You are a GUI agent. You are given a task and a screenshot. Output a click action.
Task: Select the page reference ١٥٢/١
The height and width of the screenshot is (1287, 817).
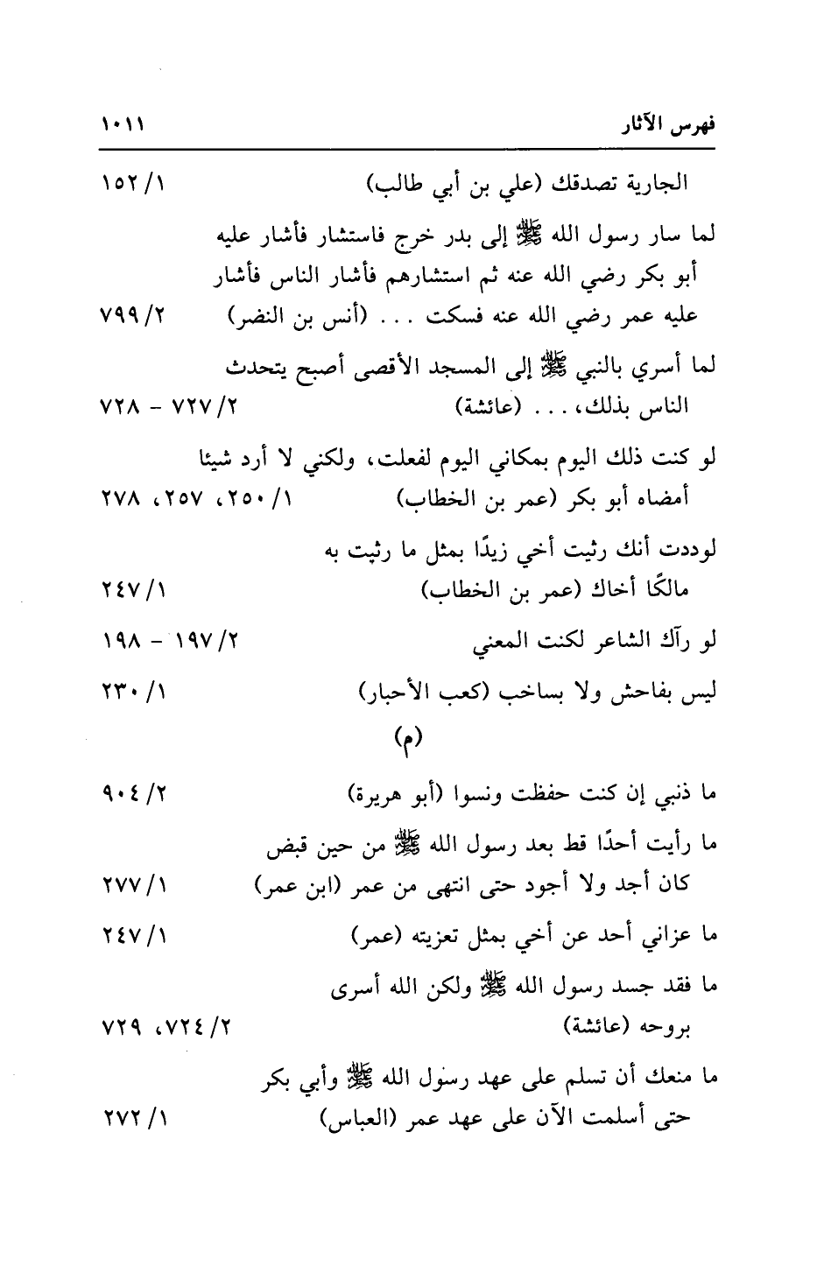coord(135,186)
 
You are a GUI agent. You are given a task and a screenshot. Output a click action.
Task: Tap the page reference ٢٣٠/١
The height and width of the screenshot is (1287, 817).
coord(136,693)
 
